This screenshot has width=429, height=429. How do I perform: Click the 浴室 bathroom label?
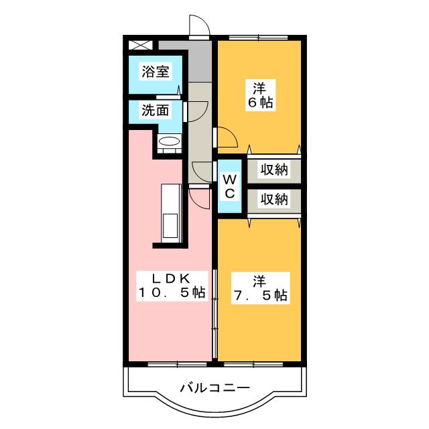pyautogui.click(x=155, y=72)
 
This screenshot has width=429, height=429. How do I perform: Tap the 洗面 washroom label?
pyautogui.click(x=155, y=110)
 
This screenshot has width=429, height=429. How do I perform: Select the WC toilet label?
pyautogui.click(x=229, y=187)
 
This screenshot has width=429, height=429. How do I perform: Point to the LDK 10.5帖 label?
pyautogui.click(x=172, y=286)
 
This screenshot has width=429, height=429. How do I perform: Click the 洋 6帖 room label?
pyautogui.click(x=260, y=95)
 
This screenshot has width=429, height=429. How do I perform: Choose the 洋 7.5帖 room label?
pyautogui.click(x=260, y=288)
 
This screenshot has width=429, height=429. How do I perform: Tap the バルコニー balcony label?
pyautogui.click(x=214, y=387)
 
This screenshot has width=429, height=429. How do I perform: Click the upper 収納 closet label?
pyautogui.click(x=274, y=170)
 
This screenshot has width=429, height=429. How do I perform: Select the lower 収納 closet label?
pyautogui.click(x=274, y=200)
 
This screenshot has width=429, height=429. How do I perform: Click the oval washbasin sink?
pyautogui.click(x=170, y=141)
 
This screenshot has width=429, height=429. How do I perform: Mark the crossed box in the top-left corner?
pyautogui.click(x=140, y=45)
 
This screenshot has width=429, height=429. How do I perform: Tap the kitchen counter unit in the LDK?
pyautogui.click(x=172, y=213)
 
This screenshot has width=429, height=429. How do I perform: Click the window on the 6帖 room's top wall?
pyautogui.click(x=259, y=38)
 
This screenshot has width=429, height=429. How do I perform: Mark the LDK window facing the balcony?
pyautogui.click(x=177, y=364)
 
